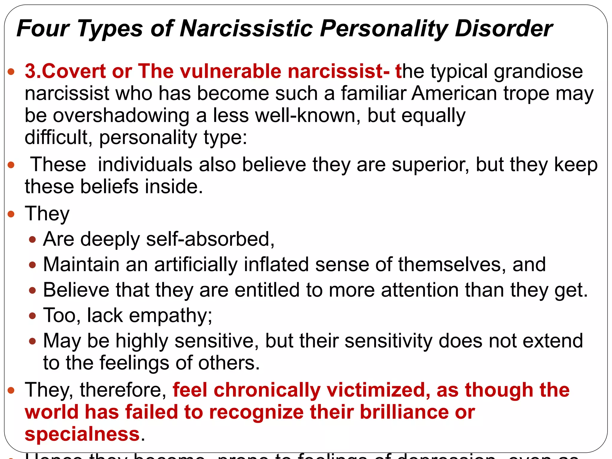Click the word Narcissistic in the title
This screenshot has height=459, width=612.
pyautogui.click(x=247, y=29)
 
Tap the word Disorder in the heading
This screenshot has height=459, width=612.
pyautogui.click(x=504, y=29)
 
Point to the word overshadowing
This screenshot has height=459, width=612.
pyautogui.click(x=121, y=116)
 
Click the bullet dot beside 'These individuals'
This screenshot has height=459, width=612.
pyautogui.click(x=11, y=165)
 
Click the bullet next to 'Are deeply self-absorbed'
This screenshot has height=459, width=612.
pyautogui.click(x=33, y=239)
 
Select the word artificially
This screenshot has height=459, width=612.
pyautogui.click(x=196, y=265)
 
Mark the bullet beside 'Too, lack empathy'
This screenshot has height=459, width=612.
pyautogui.click(x=33, y=316)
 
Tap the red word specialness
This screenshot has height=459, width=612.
pyautogui.click(x=82, y=434)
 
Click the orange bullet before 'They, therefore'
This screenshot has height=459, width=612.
pyautogui.click(x=11, y=390)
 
